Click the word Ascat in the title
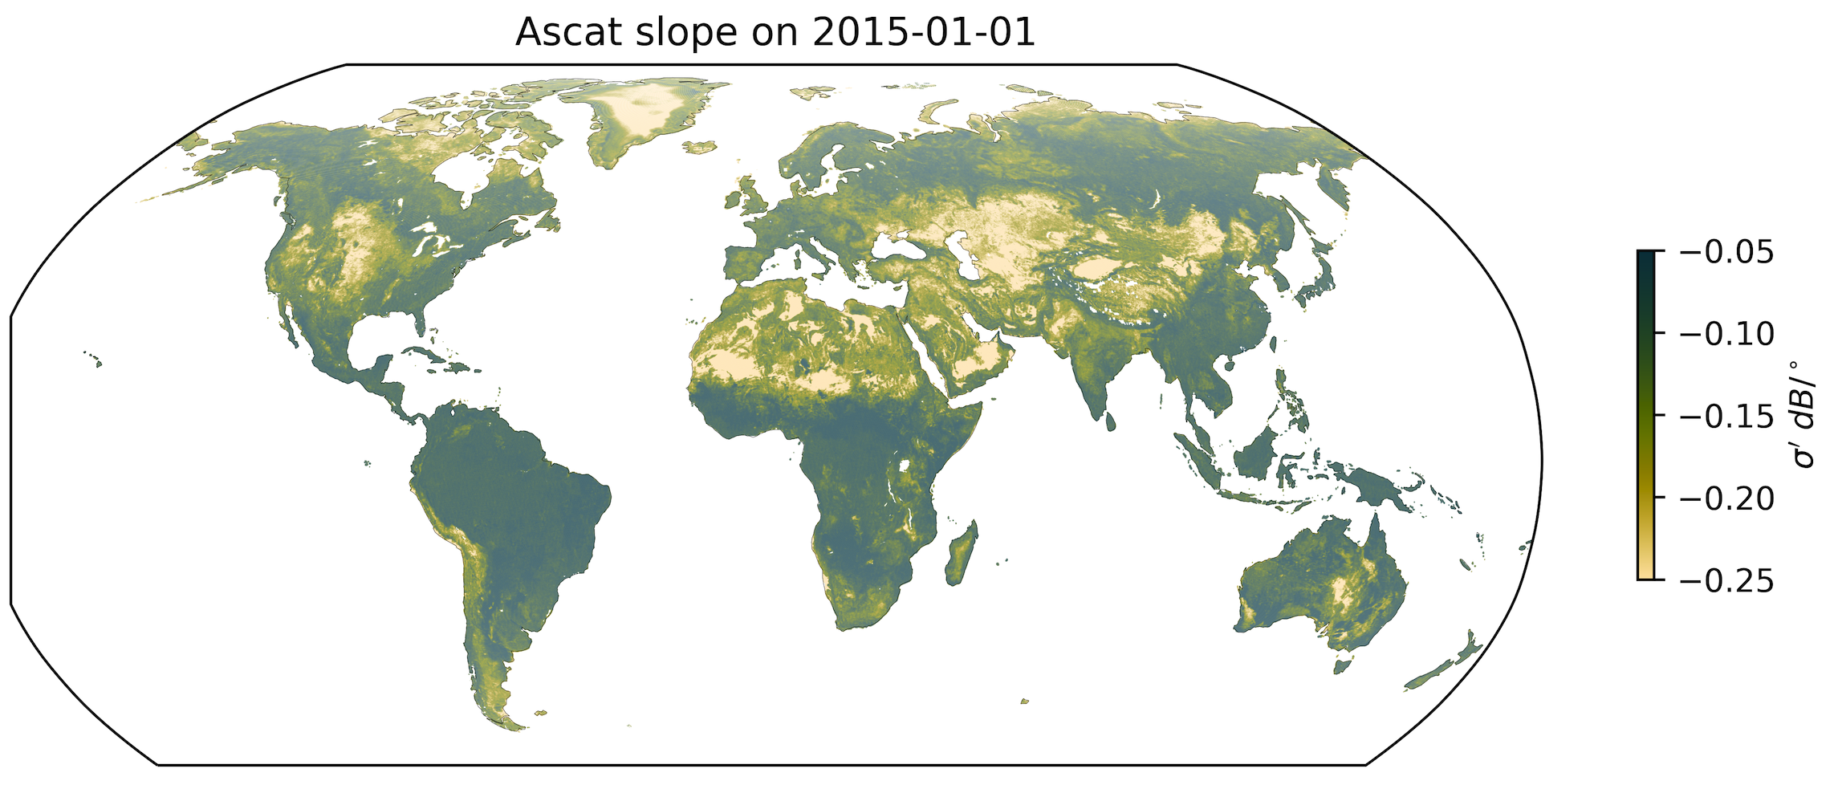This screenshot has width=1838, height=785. click(565, 32)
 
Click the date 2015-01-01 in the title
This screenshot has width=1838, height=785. click(924, 32)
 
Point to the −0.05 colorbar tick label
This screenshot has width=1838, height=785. click(1726, 252)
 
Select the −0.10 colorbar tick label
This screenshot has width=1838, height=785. click(1726, 334)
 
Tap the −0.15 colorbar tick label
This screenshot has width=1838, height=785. click(1726, 416)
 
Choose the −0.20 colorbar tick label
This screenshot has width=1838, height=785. click(1726, 498)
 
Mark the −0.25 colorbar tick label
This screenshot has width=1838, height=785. click(1726, 580)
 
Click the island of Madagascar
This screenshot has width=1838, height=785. click(961, 554)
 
